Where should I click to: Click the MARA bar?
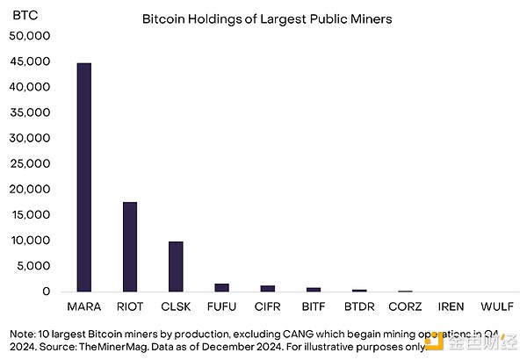coord(84,176)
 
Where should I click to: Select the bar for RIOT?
coord(130,247)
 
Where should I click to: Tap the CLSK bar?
coord(176,266)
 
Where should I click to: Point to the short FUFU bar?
coord(221,287)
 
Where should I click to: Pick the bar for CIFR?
coord(267,288)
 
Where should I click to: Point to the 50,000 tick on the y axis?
coord(30,36)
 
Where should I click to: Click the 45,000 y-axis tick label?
coord(30,61)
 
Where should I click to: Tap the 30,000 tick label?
coord(30,139)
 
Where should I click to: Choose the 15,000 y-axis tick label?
coord(30,215)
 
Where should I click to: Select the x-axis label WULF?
coord(496,307)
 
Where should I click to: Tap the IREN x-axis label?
coord(451,307)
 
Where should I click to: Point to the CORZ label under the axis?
coord(405,307)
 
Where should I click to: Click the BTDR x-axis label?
coord(359,307)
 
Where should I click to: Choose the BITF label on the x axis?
coord(314,307)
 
